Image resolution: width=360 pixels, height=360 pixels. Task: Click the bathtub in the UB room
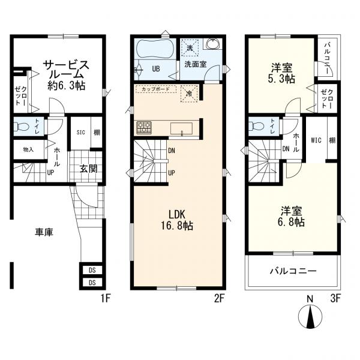point(155,49)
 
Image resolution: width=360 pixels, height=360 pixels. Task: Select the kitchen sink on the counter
point(181,129)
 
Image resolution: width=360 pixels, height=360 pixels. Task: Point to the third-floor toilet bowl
point(256,126)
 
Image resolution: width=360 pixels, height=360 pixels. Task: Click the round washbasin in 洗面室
point(212,44)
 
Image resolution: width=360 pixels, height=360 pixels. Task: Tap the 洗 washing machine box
point(190,48)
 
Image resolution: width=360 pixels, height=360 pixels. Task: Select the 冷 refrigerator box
point(189,94)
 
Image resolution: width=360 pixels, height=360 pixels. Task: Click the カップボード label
point(155,89)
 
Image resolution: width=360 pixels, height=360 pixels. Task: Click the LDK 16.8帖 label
point(176,220)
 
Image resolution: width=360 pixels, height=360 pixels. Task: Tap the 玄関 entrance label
point(88,169)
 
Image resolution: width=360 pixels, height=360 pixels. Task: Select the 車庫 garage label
point(44,232)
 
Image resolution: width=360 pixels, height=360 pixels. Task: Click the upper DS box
point(92,270)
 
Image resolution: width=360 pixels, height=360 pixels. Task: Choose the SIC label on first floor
point(81,132)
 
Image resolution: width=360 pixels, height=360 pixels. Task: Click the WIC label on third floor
point(316,140)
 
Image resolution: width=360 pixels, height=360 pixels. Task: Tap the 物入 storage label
point(28,149)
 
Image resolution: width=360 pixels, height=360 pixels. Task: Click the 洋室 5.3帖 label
point(281,73)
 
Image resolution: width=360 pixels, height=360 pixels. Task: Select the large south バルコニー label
point(293,271)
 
